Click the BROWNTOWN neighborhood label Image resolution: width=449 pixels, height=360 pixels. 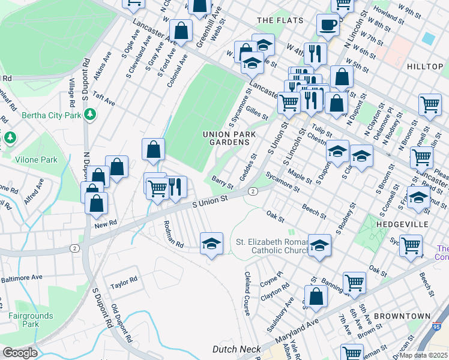(x=402, y=316)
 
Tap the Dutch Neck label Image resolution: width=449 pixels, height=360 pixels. (x=237, y=349)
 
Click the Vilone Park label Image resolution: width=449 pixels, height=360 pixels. (x=37, y=160)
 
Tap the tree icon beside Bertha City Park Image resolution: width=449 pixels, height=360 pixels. (x=89, y=113)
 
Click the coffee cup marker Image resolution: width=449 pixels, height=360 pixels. (x=328, y=25)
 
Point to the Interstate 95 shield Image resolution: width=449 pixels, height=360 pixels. (x=437, y=328)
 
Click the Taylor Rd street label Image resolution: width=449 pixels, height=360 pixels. (x=124, y=279)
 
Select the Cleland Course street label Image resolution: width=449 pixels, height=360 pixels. (x=247, y=293)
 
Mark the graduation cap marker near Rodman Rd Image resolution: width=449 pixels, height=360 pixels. (x=211, y=244)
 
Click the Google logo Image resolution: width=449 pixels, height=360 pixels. (x=20, y=353)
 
